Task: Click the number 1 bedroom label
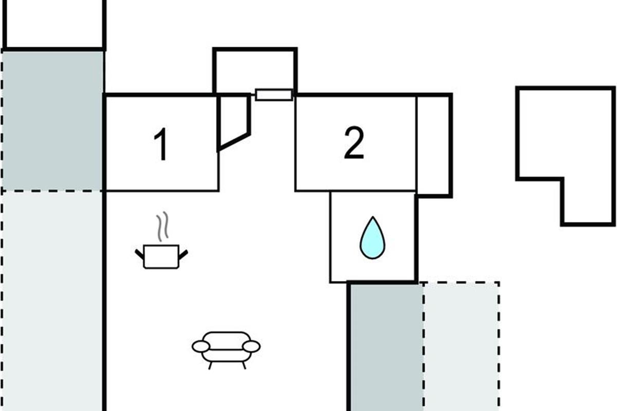pyautogui.click(x=161, y=145)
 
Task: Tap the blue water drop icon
pyautogui.click(x=372, y=238)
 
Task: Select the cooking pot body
pyautogui.click(x=161, y=256)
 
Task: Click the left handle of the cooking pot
pyautogui.click(x=139, y=253)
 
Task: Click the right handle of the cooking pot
pyautogui.click(x=183, y=253)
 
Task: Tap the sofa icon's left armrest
pyautogui.click(x=200, y=347)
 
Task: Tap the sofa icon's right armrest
pyautogui.click(x=251, y=347)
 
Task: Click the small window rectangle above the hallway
pyautogui.click(x=274, y=95)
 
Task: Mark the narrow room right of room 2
pyautogui.click(x=433, y=145)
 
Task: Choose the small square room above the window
pyautogui.click(x=255, y=69)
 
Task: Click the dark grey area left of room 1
pyautogui.click(x=52, y=121)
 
